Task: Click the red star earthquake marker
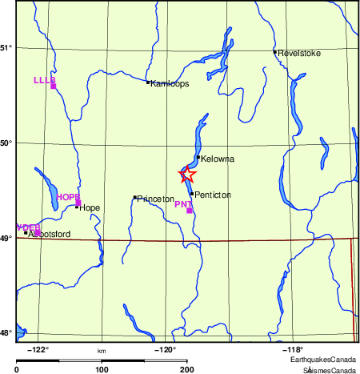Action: coord(186,175)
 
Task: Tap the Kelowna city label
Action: coord(218,159)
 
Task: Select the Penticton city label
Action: coord(214,195)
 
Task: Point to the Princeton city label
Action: coord(155,199)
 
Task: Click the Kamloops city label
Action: coord(169,83)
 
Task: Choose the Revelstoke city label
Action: coord(298,54)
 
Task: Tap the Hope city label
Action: coord(89,207)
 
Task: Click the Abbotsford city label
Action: coord(50,234)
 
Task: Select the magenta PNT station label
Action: coord(183,204)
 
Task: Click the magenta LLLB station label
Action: coord(44,80)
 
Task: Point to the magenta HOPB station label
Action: coord(68,197)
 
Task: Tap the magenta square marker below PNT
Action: coord(189,211)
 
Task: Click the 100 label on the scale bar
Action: coord(102,370)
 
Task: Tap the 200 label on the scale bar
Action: coord(186,370)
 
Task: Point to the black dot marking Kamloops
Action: coord(148,82)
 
